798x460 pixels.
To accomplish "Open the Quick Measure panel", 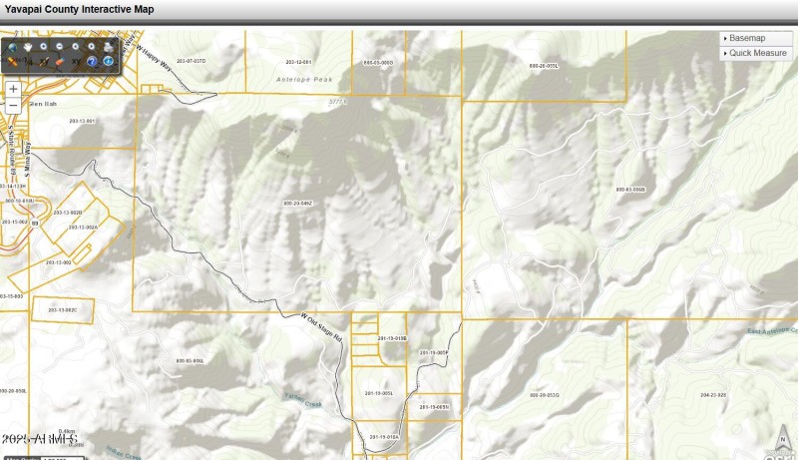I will pyautogui.click(x=755, y=53).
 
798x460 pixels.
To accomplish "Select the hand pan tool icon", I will pyautogui.click(x=28, y=47).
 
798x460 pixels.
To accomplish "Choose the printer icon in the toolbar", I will pyautogui.click(x=107, y=47).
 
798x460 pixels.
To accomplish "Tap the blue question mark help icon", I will pyautogui.click(x=91, y=62).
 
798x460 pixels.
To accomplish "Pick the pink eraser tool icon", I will pyautogui.click(x=60, y=62).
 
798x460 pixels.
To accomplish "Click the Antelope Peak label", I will pyautogui.click(x=300, y=78).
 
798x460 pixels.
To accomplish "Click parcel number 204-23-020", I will pyautogui.click(x=713, y=395).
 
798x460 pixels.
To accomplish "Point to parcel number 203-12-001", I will pyautogui.click(x=299, y=62).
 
